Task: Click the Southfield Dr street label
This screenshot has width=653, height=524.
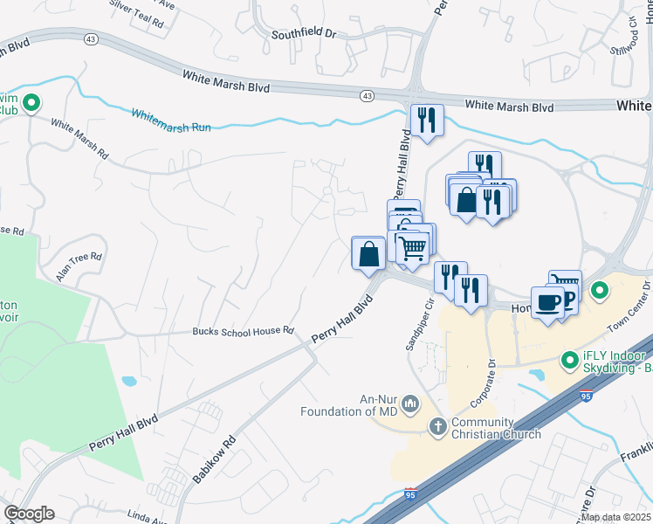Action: (304, 36)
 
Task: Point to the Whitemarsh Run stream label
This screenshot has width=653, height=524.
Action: (171, 121)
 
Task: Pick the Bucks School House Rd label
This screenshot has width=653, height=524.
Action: (243, 331)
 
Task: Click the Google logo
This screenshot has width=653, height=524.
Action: (29, 514)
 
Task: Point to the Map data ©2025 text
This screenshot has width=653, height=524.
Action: (616, 517)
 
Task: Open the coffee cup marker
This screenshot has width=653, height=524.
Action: (546, 302)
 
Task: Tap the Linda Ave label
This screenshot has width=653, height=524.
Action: (146, 515)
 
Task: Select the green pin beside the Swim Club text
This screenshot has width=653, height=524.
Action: (31, 103)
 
